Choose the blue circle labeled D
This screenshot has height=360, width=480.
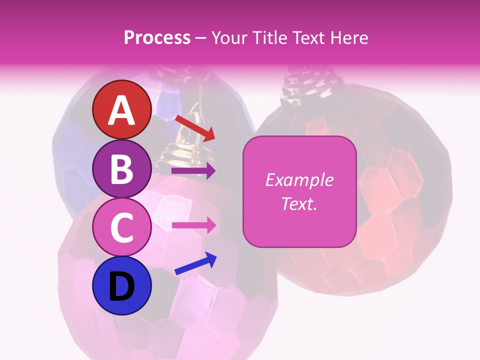pos(122,285)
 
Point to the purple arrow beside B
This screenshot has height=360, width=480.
pos(193,171)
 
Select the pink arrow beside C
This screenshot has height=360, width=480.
pos(193,225)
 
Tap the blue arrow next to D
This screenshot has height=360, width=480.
pos(195,263)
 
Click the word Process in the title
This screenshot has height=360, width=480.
pos(157,38)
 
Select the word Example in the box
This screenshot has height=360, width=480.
pos(299,180)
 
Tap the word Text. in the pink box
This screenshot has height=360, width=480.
pos(299,203)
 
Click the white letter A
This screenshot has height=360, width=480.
pos(122,110)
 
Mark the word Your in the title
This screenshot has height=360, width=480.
pos(229,38)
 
